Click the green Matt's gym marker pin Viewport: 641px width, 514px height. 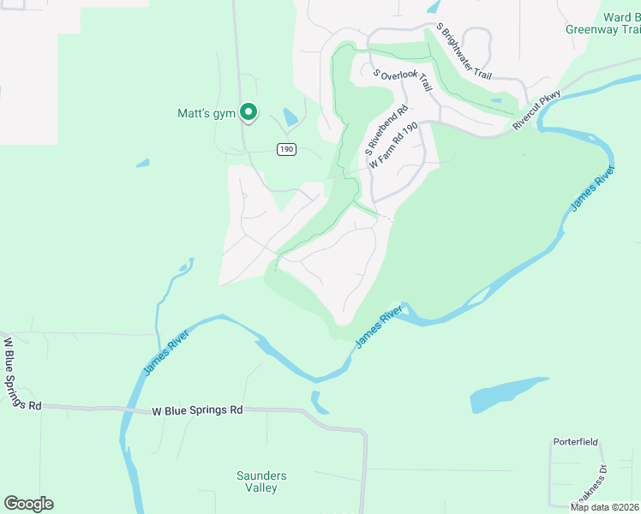tap(249, 112)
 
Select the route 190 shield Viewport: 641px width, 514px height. tap(286, 149)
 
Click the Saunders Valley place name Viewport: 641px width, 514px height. tap(261, 481)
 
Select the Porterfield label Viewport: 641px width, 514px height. tap(575, 443)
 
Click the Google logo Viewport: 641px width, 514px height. tap(28, 504)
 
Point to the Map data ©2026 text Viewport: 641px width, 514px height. tap(605, 507)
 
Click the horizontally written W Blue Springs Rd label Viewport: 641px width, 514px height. tap(197, 410)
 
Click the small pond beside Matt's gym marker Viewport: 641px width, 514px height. tap(290, 116)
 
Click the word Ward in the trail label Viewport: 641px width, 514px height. tap(616, 17)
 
